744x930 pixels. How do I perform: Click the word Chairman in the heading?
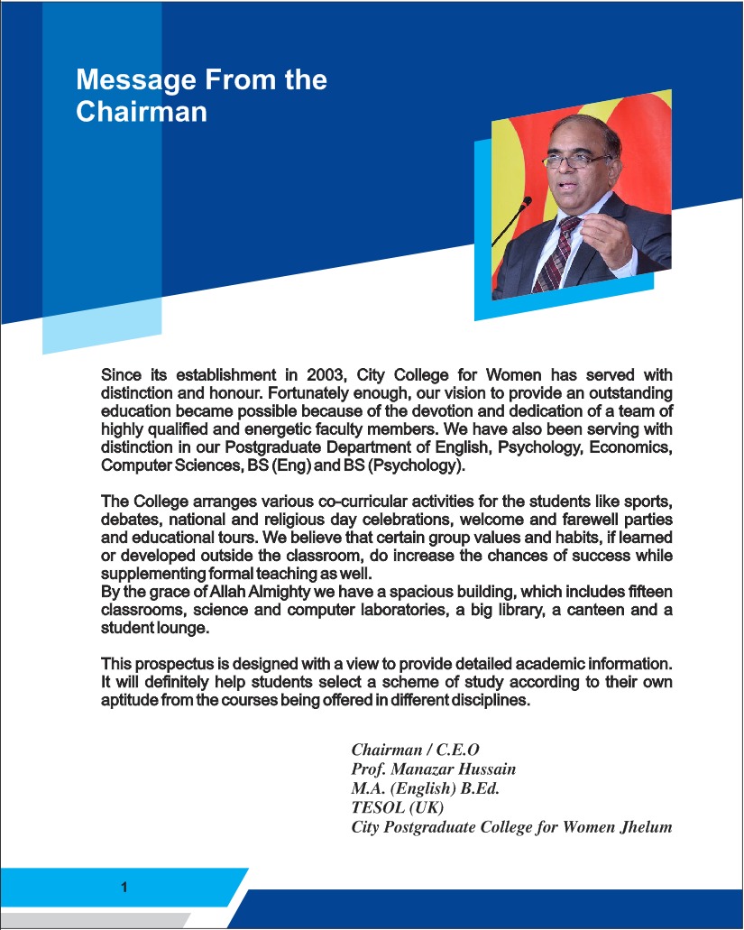tap(142, 112)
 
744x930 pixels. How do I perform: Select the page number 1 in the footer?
tap(124, 887)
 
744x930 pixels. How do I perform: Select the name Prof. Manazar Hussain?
tap(433, 769)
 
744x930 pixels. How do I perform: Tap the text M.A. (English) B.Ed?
tap(425, 788)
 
